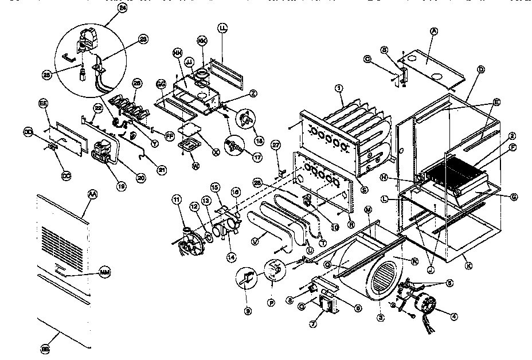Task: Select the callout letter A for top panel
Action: [x=434, y=32]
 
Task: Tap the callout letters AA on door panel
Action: [x=91, y=194]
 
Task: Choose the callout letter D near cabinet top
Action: [x=480, y=69]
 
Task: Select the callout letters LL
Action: [x=222, y=28]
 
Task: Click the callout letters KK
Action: [x=202, y=41]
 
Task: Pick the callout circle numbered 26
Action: [x=136, y=83]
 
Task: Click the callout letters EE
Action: [x=42, y=103]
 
